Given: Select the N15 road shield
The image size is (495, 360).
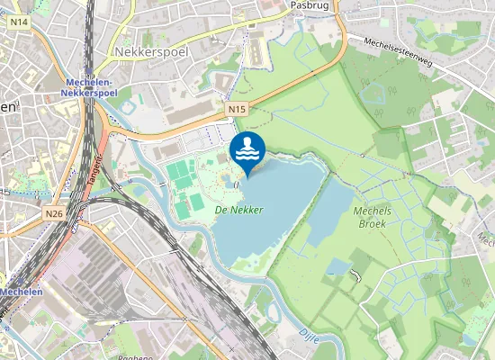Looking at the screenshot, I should tap(236, 109).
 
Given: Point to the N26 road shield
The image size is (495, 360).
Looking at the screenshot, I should tap(53, 214).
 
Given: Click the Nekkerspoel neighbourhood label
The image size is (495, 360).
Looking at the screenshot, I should tap(148, 52).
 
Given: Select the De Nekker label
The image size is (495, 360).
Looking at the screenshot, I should tap(238, 209).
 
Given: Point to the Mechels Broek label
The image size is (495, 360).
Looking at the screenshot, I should tap(372, 216).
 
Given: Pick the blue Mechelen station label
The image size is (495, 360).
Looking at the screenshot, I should tap(20, 292).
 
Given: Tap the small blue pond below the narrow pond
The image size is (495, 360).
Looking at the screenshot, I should tap(337, 266).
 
